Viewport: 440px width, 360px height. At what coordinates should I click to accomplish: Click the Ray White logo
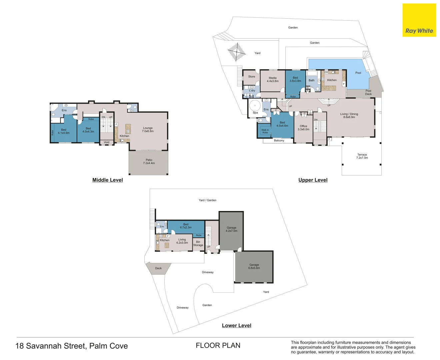(x=419, y=20)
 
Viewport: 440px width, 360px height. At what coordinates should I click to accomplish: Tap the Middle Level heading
(x=107, y=180)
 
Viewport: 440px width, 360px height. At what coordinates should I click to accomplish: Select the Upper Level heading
(x=313, y=180)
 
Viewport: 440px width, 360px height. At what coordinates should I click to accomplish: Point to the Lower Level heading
(x=236, y=326)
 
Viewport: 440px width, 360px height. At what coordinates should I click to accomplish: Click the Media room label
(x=273, y=79)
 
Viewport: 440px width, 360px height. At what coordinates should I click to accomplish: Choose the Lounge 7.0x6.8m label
(x=148, y=129)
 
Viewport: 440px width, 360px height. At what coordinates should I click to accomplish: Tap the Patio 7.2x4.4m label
(x=149, y=161)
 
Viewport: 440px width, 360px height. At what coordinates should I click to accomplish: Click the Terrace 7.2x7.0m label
(x=362, y=156)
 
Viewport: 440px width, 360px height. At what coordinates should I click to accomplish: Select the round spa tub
(x=255, y=105)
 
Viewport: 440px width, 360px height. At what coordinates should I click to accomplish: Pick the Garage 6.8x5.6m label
(x=254, y=266)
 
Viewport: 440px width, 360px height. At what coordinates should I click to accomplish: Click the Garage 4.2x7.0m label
(x=231, y=229)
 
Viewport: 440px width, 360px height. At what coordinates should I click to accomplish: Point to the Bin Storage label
(x=198, y=243)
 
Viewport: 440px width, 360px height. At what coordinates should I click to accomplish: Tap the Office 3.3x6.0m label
(x=303, y=128)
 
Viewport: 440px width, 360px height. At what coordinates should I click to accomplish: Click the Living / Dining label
(x=349, y=115)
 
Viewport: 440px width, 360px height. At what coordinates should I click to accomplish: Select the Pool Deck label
(x=368, y=92)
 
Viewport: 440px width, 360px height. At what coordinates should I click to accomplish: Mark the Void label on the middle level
(x=107, y=142)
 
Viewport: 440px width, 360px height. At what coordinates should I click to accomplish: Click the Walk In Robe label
(x=265, y=131)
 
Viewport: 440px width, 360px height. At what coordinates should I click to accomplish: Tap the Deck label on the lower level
(x=158, y=268)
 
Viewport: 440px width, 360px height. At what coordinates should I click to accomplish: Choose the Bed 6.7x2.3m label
(x=186, y=226)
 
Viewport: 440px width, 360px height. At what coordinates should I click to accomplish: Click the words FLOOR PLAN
(x=218, y=346)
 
